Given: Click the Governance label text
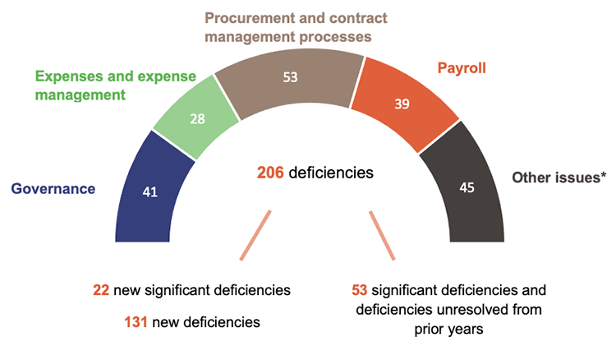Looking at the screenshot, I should point(53,188).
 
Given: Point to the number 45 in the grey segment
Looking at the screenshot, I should point(467,188).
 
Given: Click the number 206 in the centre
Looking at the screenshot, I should point(270,173).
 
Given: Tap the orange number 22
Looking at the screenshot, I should point(102,291).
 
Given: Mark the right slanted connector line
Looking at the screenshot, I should point(383,233).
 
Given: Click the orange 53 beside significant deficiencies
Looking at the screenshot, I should point(359,291).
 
